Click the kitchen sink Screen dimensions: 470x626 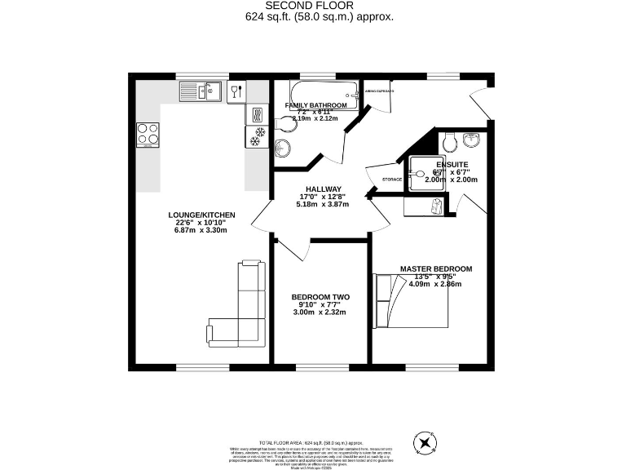point(198,90)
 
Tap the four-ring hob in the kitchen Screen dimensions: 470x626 point(148,133)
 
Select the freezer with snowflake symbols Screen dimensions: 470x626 point(257,135)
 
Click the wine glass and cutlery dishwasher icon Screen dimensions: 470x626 point(236,90)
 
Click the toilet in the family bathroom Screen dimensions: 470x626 point(285,122)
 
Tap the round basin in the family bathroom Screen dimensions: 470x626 point(283,148)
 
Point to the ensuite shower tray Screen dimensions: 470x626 point(425,173)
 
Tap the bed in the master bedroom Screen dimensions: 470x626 point(412,299)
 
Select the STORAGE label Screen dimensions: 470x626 point(392,179)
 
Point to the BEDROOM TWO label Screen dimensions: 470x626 point(321,297)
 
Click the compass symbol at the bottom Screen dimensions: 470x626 point(425,443)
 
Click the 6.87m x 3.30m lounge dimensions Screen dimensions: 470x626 point(201,230)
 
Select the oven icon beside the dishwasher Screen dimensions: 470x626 point(256,114)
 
